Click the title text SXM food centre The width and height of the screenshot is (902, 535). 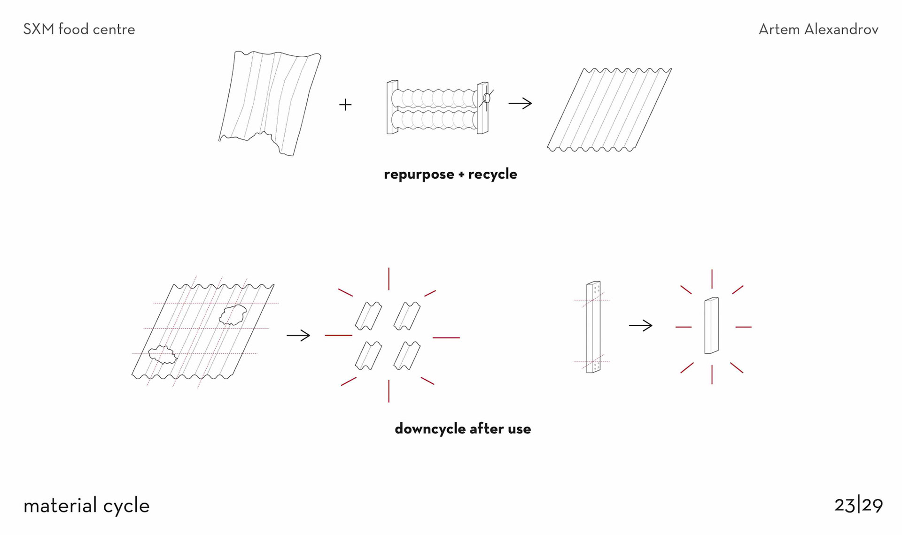point(79,30)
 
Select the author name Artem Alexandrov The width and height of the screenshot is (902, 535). point(818,30)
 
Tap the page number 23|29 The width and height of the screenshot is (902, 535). point(858,505)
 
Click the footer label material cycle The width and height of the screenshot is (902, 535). point(86,506)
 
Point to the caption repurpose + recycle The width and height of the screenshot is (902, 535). point(450,174)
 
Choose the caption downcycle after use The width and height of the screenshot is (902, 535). point(463,428)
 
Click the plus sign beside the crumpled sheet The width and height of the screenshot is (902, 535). point(345,104)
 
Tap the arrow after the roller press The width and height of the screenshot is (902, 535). point(520,103)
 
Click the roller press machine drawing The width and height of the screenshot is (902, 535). point(435,108)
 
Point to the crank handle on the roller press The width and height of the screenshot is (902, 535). point(488,98)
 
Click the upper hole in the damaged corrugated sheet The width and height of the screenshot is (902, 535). point(233,314)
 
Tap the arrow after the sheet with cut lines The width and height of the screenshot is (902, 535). point(298,335)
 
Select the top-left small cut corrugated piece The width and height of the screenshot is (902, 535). point(368,316)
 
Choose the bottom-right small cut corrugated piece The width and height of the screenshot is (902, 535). point(407,355)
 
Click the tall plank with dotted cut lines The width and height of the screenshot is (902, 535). point(593,327)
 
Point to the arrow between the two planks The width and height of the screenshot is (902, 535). point(641,325)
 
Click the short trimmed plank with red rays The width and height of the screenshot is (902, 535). point(711,325)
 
